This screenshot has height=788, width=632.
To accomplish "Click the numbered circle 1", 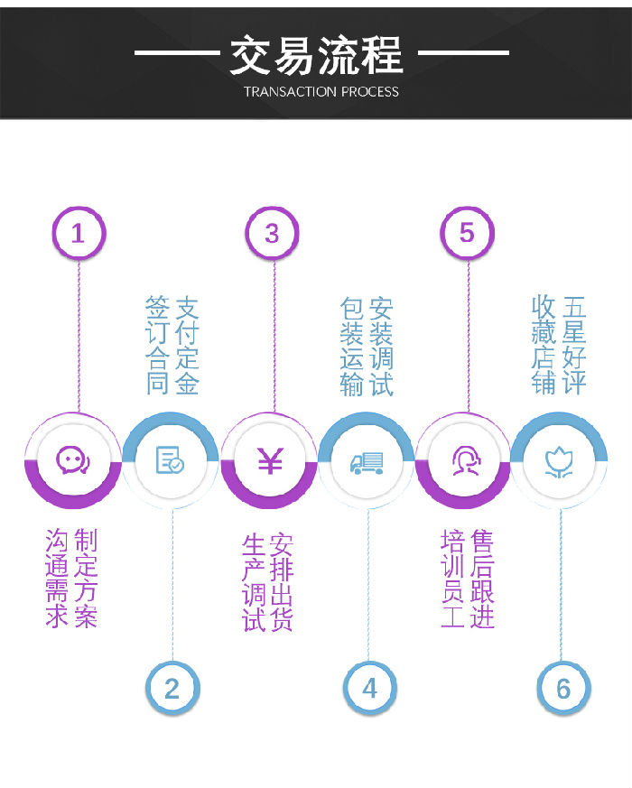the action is (x=78, y=234).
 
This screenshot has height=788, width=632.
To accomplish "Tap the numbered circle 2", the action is (x=172, y=689).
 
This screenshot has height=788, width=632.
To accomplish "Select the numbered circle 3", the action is (x=272, y=234).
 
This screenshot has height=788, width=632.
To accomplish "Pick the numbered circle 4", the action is (x=369, y=689).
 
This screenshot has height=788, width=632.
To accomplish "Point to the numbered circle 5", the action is (x=467, y=234).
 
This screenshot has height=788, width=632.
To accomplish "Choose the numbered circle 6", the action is (x=563, y=689).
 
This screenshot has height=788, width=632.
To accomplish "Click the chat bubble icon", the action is (x=72, y=460).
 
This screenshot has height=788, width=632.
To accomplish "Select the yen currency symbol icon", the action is (x=270, y=460).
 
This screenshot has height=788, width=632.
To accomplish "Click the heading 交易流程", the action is (x=316, y=55).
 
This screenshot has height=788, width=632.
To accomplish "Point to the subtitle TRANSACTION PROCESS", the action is (x=321, y=91).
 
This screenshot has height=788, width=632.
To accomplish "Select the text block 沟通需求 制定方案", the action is (x=71, y=578).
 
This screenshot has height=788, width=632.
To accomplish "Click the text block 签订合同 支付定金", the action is (x=172, y=345).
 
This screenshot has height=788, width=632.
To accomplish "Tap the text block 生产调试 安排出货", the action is (x=268, y=582).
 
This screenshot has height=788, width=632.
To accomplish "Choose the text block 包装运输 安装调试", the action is (x=367, y=347).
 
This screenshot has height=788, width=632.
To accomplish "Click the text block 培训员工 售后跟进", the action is (x=468, y=579).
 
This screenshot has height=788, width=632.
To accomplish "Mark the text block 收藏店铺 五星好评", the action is (x=560, y=345).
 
